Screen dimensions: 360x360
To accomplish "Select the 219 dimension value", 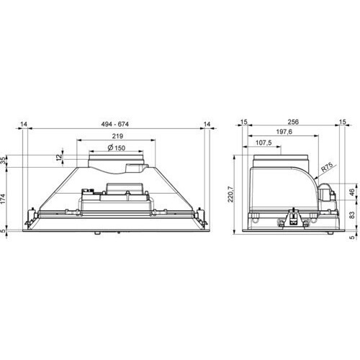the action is point(117,136).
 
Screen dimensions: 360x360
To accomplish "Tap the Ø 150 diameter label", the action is point(117,148).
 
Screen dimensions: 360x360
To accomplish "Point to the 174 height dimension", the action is point(3,199).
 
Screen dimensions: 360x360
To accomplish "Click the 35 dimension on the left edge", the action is point(3,161).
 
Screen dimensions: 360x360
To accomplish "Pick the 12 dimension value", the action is point(59,157).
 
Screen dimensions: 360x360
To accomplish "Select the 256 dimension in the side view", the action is point(293,122).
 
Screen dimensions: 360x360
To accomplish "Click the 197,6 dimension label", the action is point(284,132).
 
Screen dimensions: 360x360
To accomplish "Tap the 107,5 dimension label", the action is point(264,143).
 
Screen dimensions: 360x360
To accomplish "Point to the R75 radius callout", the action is point(327,167).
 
